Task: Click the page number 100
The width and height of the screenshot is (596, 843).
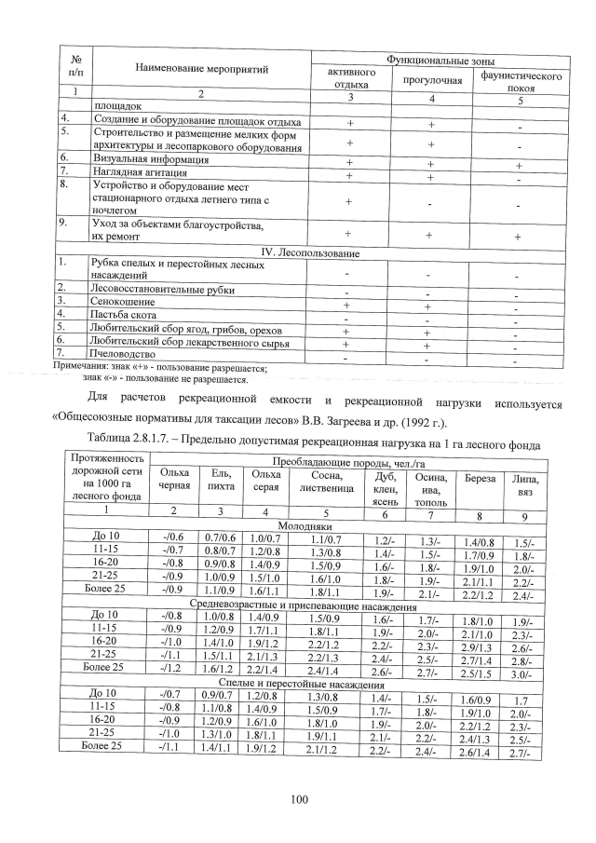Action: pyautogui.click(x=298, y=798)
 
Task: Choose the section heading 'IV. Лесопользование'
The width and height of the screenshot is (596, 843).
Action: pyautogui.click(x=312, y=253)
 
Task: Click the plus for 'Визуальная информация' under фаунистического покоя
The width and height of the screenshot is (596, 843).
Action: pyautogui.click(x=518, y=162)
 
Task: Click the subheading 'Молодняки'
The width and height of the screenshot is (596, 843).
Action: pyautogui.click(x=311, y=525)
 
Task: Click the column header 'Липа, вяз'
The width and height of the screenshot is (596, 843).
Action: pyautogui.click(x=522, y=485)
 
